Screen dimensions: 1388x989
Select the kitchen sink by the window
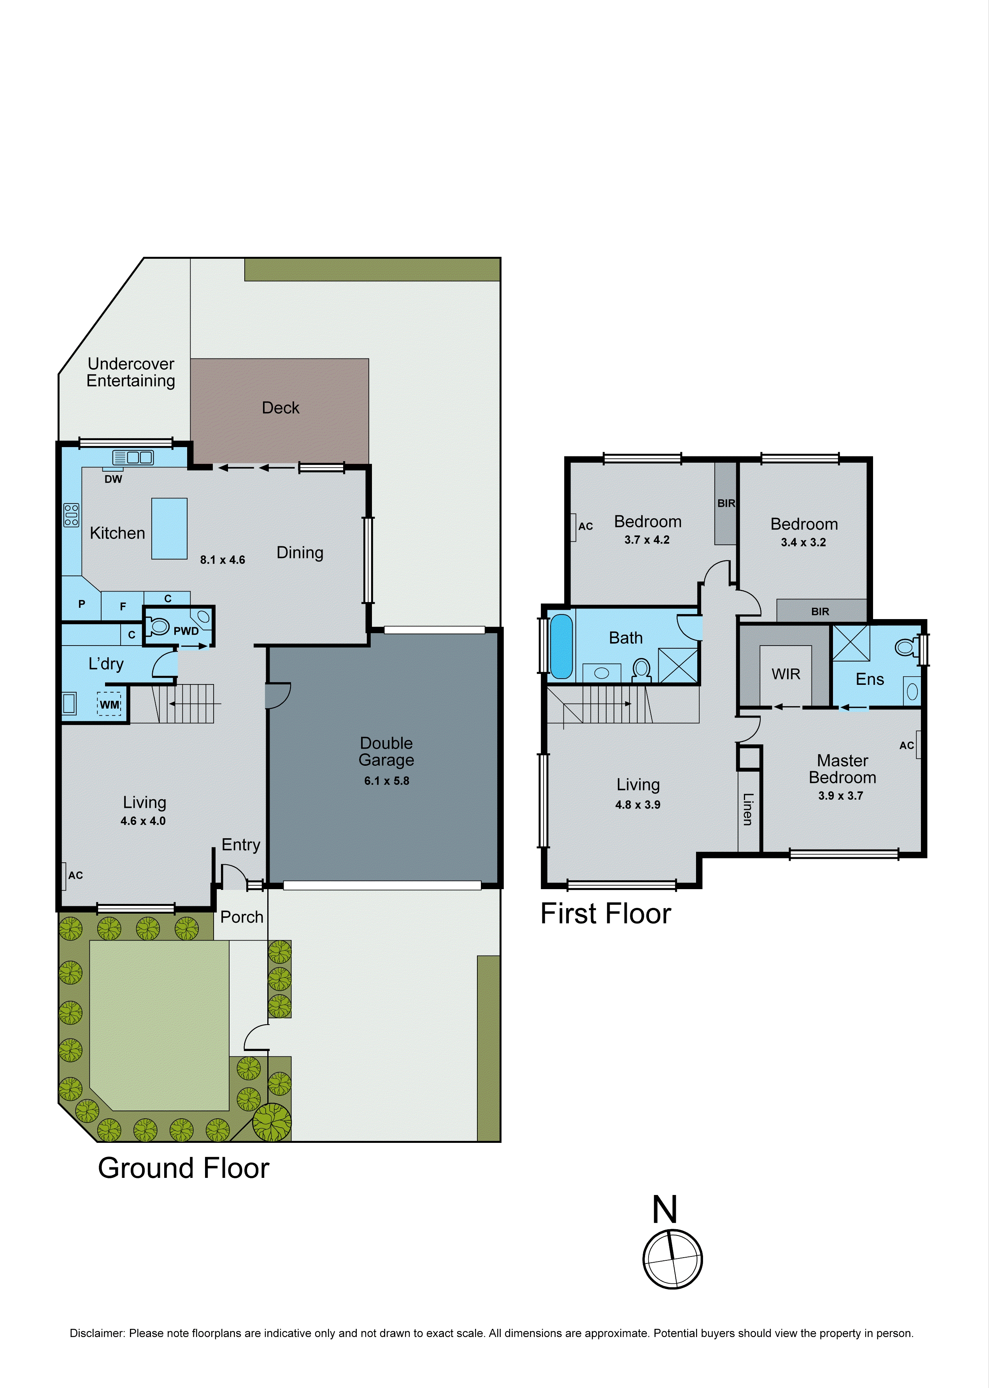tap(133, 457)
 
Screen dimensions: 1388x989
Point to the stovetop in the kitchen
tap(71, 515)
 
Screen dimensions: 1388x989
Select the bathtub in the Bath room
tap(561, 646)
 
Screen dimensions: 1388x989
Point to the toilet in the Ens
tap(906, 646)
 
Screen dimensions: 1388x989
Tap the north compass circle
tap(672, 1258)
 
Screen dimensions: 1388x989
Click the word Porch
tap(242, 917)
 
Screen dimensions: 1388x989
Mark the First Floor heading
tap(605, 914)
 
